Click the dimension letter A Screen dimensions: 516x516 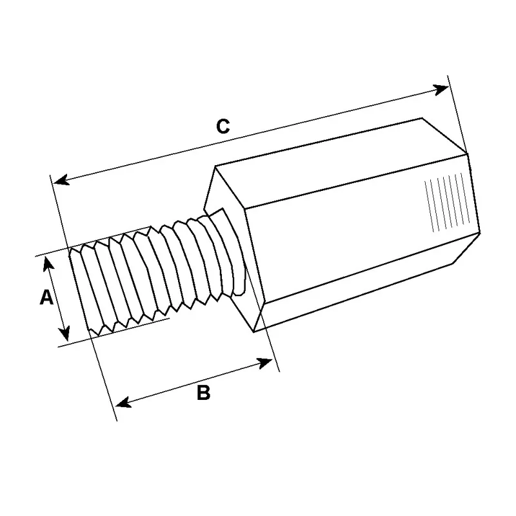click(x=46, y=297)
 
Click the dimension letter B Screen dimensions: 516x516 click(x=203, y=392)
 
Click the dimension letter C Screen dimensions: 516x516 click(x=223, y=126)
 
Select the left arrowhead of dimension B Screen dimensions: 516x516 click(x=124, y=402)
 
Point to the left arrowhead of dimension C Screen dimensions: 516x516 click(x=61, y=180)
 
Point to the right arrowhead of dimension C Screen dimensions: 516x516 click(x=441, y=89)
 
